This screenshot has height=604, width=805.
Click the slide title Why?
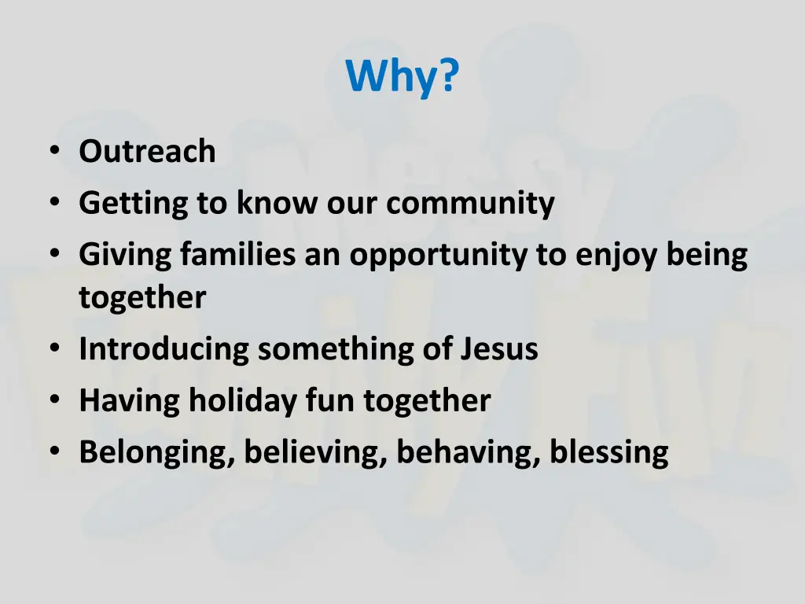click(402, 77)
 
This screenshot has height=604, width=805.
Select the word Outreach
click(147, 152)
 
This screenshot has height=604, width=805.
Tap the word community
click(470, 204)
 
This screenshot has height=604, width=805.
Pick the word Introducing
click(164, 349)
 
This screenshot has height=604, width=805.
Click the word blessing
click(609, 453)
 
